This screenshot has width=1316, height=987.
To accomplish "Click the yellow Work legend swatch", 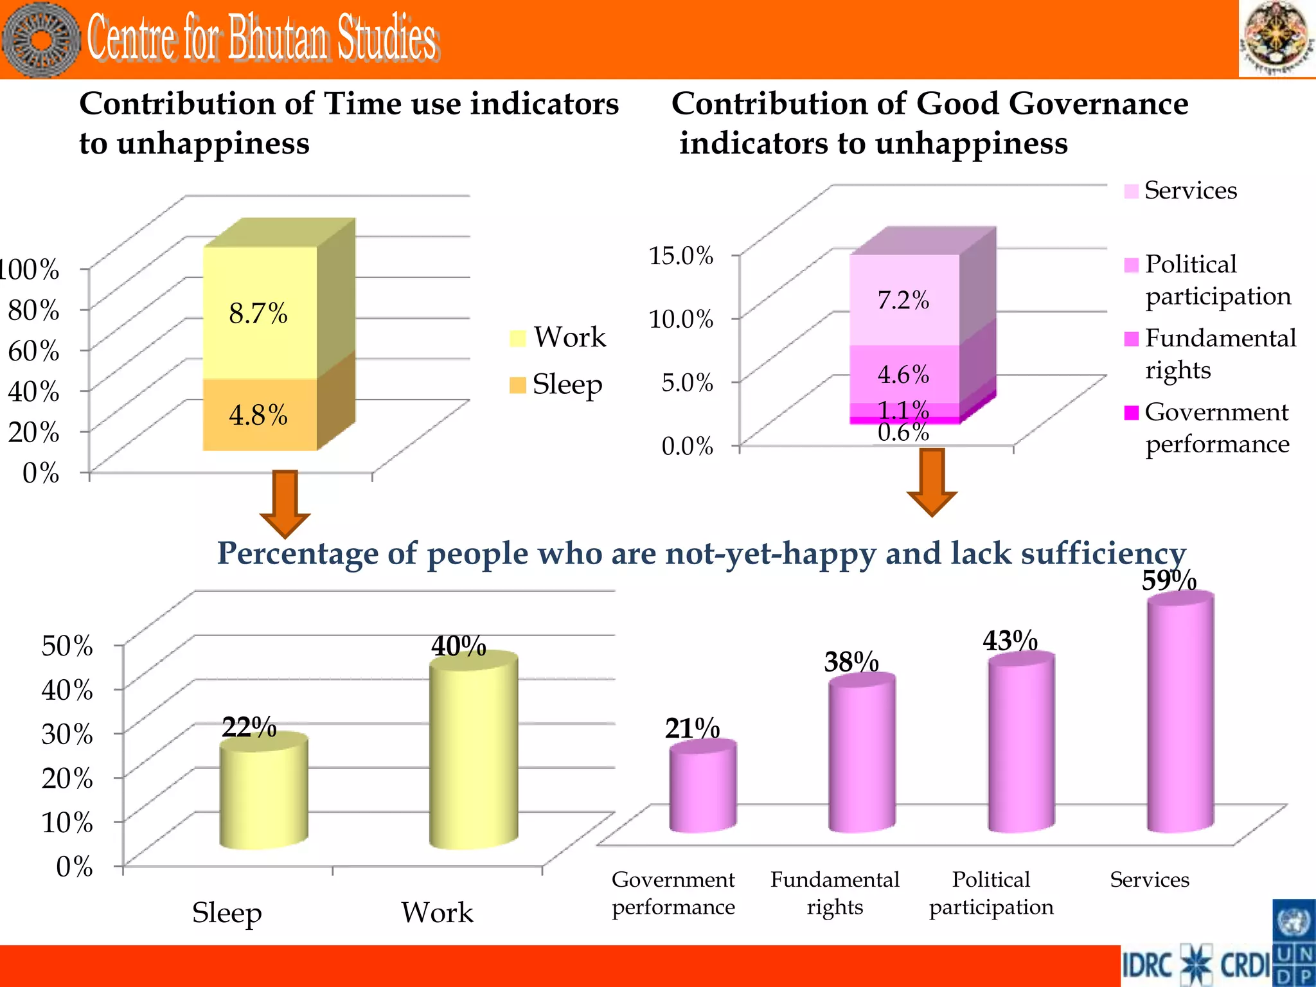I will (518, 338).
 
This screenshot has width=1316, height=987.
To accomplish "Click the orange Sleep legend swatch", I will (517, 385).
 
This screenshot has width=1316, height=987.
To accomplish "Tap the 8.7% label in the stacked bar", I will (258, 314).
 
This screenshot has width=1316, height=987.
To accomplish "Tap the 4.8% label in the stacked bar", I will (258, 415).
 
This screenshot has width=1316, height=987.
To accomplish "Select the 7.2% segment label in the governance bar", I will (903, 300).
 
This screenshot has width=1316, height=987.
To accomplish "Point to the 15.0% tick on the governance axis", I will (681, 256).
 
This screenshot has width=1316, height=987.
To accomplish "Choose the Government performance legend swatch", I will (1132, 413).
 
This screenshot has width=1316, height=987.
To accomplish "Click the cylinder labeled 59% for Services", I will (1180, 713).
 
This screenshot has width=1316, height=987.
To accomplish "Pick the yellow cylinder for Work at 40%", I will (474, 752).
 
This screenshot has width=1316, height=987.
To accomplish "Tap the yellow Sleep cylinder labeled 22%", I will (263, 794).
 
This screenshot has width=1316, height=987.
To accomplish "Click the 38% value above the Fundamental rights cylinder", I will (851, 662).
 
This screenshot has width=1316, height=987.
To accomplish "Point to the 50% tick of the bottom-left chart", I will (67, 645).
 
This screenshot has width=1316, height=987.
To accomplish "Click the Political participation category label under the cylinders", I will (991, 893).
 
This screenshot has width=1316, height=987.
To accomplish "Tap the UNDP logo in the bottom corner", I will (1294, 943).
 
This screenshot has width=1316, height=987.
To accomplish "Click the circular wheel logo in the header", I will (40, 40).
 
